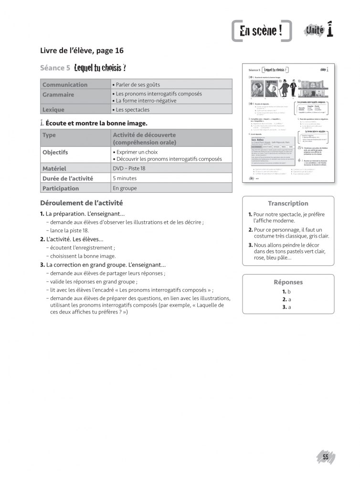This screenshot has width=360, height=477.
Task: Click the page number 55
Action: (325, 457)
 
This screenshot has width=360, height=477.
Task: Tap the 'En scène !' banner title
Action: (261, 32)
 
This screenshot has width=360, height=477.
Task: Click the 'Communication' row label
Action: (65, 84)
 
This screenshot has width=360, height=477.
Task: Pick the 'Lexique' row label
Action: (53, 110)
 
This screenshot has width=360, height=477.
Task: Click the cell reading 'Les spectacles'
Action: (131, 110)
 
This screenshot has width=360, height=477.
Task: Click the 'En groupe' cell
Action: (125, 188)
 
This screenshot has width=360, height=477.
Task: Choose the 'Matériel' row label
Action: (54, 168)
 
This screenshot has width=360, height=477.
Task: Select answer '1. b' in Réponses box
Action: (286, 291)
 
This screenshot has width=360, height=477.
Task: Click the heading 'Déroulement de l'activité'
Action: (82, 202)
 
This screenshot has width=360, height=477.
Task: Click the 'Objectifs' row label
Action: (55, 153)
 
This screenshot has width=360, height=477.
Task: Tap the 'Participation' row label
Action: (61, 188)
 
